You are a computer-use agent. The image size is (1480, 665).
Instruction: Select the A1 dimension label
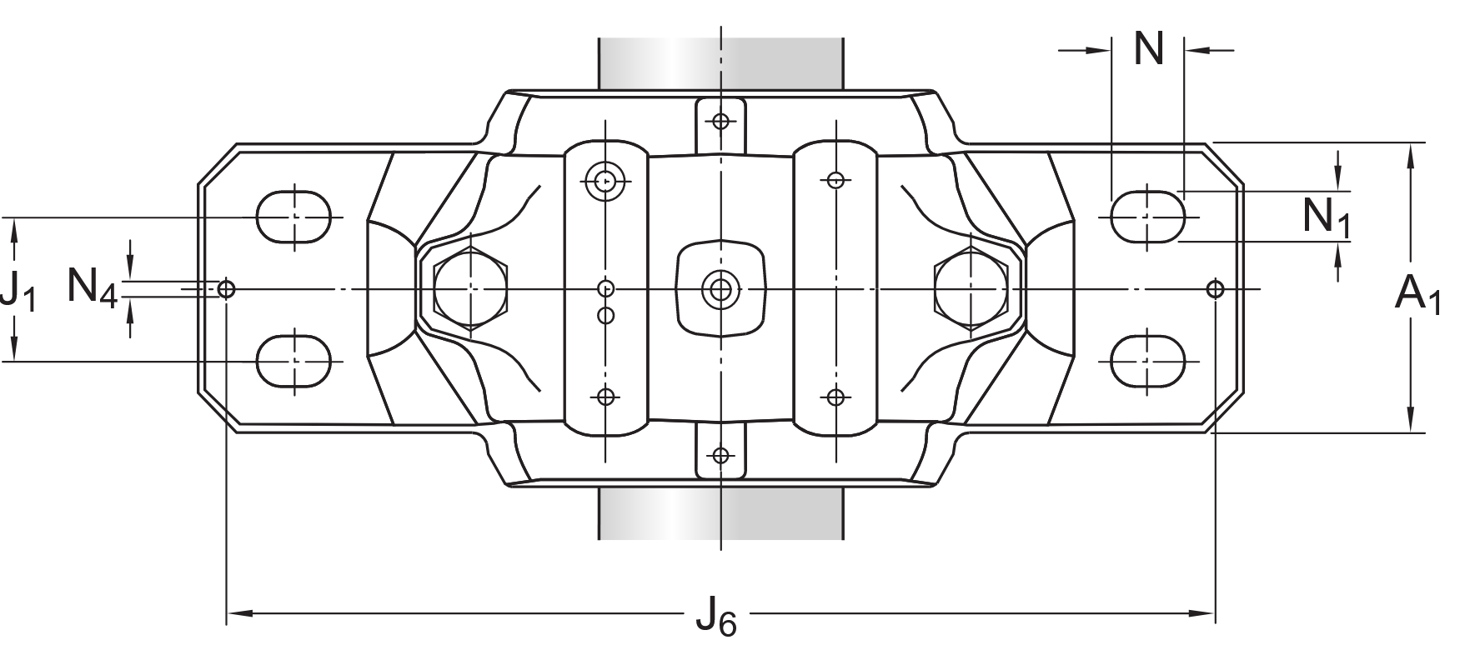tap(1417, 296)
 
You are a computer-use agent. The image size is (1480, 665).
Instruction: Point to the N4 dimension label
tap(92, 287)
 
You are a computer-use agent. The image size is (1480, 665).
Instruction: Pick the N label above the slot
tap(1148, 49)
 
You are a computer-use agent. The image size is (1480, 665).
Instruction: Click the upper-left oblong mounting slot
tap(293, 217)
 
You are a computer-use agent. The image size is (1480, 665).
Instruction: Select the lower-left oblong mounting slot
tap(293, 361)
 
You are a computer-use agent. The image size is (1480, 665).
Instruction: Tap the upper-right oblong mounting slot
tap(1148, 217)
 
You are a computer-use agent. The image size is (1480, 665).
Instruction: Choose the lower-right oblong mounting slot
tap(1148, 361)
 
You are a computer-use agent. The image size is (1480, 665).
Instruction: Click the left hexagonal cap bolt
tap(471, 289)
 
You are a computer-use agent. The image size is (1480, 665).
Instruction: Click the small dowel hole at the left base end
tap(226, 289)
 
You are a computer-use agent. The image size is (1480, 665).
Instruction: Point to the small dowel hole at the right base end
tap(1215, 289)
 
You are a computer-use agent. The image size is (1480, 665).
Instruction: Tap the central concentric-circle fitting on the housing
tap(719, 289)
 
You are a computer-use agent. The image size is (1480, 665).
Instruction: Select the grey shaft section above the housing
tap(720, 62)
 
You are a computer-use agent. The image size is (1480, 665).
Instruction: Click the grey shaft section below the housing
tap(720, 512)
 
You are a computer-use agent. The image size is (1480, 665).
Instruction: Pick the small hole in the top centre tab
tap(721, 122)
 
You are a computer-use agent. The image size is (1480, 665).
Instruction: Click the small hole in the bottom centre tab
tap(721, 456)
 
